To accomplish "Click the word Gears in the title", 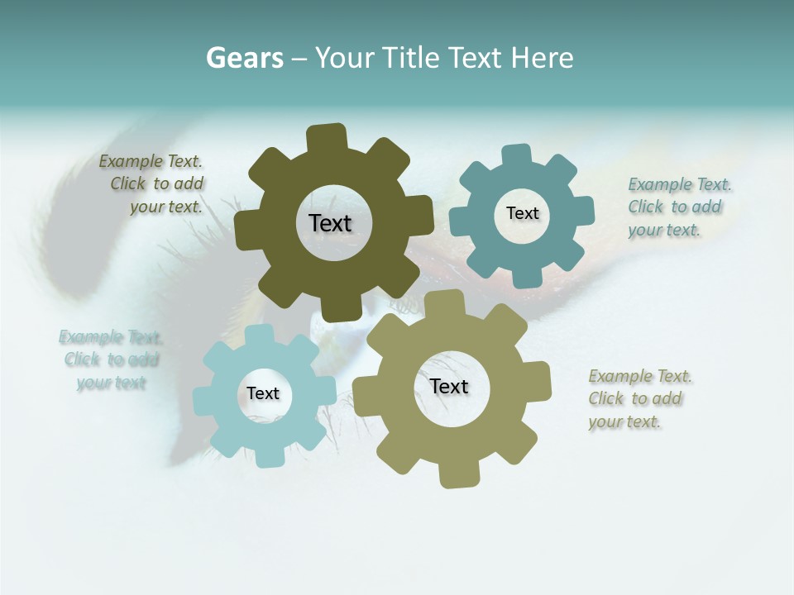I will click(244, 58).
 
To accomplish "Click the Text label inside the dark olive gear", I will click(330, 223).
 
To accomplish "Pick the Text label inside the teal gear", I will click(522, 213).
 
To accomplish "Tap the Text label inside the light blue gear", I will click(262, 394).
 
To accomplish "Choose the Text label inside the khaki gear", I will click(449, 387).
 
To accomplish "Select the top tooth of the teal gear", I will click(517, 156).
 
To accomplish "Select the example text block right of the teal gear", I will click(678, 207).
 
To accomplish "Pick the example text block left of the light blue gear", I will click(110, 359).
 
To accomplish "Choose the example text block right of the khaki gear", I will click(639, 398).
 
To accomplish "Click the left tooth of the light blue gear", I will click(204, 401).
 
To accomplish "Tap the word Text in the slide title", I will click(476, 58).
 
